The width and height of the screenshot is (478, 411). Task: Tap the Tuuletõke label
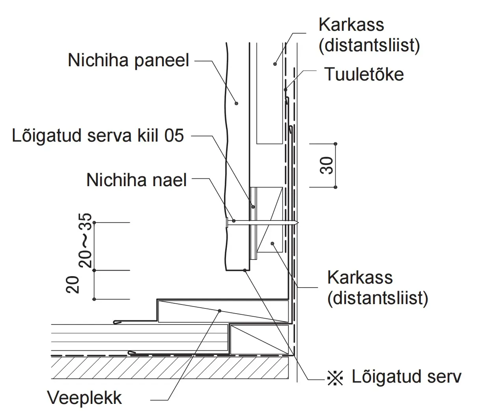click(x=364, y=74)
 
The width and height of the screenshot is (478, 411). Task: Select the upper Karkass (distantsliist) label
click(x=369, y=35)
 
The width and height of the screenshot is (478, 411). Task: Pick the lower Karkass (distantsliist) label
click(x=378, y=288)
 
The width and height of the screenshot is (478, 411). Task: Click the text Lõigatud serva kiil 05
click(x=98, y=136)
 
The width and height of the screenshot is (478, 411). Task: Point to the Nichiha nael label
click(x=136, y=180)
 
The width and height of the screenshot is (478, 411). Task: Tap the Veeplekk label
click(x=84, y=398)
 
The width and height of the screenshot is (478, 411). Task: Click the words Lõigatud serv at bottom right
click(x=406, y=377)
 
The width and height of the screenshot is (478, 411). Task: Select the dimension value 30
click(x=327, y=165)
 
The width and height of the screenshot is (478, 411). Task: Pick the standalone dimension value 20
click(x=73, y=285)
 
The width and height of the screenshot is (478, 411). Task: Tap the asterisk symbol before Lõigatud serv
click(x=335, y=378)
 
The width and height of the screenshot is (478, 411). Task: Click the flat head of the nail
click(x=227, y=223)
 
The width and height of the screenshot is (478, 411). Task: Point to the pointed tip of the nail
click(x=298, y=223)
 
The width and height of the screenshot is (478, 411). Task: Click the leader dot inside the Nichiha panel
click(x=236, y=103)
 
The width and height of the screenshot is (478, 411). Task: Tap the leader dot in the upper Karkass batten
click(x=275, y=64)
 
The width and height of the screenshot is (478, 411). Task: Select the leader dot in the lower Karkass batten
click(x=273, y=243)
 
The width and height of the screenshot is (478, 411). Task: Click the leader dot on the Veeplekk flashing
click(x=220, y=311)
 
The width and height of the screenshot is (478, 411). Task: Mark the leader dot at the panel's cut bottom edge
click(x=245, y=270)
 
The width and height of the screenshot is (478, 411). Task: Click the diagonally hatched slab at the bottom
click(x=170, y=368)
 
